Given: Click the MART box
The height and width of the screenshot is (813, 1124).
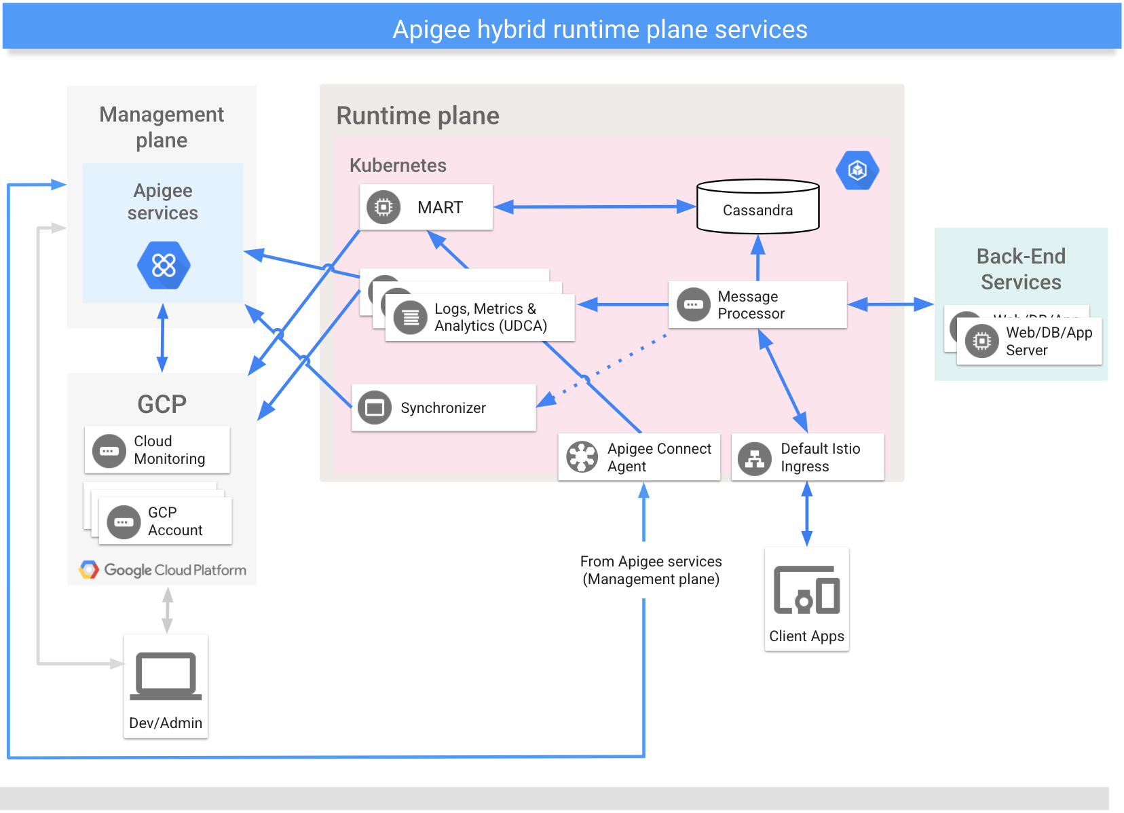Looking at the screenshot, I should click(426, 207).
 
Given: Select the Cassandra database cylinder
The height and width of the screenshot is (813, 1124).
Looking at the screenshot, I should click(757, 207).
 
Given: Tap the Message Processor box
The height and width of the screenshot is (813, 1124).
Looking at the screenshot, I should click(757, 305).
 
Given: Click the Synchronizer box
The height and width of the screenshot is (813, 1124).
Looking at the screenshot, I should click(443, 408).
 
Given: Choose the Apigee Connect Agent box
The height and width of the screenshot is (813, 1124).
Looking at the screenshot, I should click(639, 457).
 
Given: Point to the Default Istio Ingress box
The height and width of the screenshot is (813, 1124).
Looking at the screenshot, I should click(807, 457).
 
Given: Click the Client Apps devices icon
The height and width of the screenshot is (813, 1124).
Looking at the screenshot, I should click(806, 590).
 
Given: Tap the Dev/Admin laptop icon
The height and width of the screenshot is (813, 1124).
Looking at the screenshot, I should click(166, 676).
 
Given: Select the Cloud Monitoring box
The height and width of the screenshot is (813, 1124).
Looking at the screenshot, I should click(157, 450).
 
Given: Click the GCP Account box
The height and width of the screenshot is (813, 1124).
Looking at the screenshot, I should click(165, 521).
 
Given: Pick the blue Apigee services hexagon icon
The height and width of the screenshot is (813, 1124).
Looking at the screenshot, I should click(164, 265).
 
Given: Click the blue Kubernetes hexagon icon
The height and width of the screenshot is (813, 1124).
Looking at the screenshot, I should click(857, 170).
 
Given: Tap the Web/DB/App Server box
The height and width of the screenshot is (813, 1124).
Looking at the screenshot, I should click(1029, 342).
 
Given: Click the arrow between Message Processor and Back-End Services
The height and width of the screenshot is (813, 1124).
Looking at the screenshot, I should click(891, 304).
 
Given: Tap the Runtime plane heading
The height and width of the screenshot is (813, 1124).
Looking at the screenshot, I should click(417, 115).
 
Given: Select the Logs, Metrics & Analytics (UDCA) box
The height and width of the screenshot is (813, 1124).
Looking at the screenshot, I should click(479, 317).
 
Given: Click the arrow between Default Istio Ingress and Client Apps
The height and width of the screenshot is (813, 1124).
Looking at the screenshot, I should click(806, 513).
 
